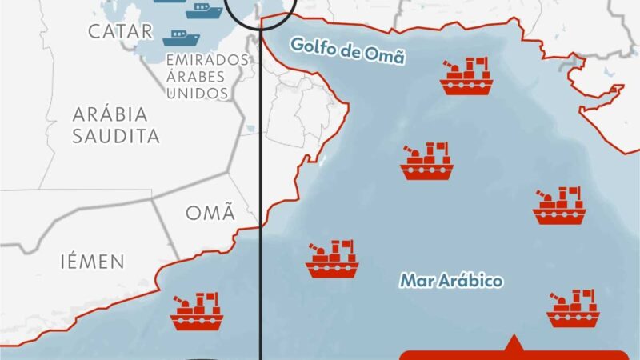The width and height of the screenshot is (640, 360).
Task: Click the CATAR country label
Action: click(120, 32)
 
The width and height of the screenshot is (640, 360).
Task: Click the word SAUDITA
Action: click(117, 135)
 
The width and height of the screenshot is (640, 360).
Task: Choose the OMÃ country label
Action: click(210, 214)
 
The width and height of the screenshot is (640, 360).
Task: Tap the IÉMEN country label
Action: click(92, 261)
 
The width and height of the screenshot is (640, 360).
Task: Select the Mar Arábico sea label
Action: click(451, 281)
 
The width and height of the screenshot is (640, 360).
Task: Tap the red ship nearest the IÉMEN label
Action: click(197, 312)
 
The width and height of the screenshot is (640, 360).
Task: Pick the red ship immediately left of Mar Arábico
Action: click(332, 259)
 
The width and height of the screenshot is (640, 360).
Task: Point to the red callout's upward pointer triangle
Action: click(512, 346)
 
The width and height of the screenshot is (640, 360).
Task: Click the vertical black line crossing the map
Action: click(261, 200)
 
